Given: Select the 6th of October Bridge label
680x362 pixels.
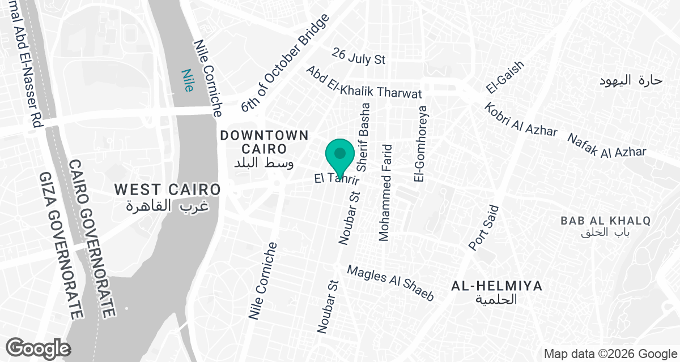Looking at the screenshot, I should pyautogui.click(x=284, y=63).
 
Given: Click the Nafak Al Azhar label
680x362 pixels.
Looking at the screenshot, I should pyautogui.click(x=606, y=145).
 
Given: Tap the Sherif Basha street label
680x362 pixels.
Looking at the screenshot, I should pyautogui.click(x=364, y=136).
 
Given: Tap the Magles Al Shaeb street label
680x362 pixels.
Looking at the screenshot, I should pyautogui.click(x=390, y=283).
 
